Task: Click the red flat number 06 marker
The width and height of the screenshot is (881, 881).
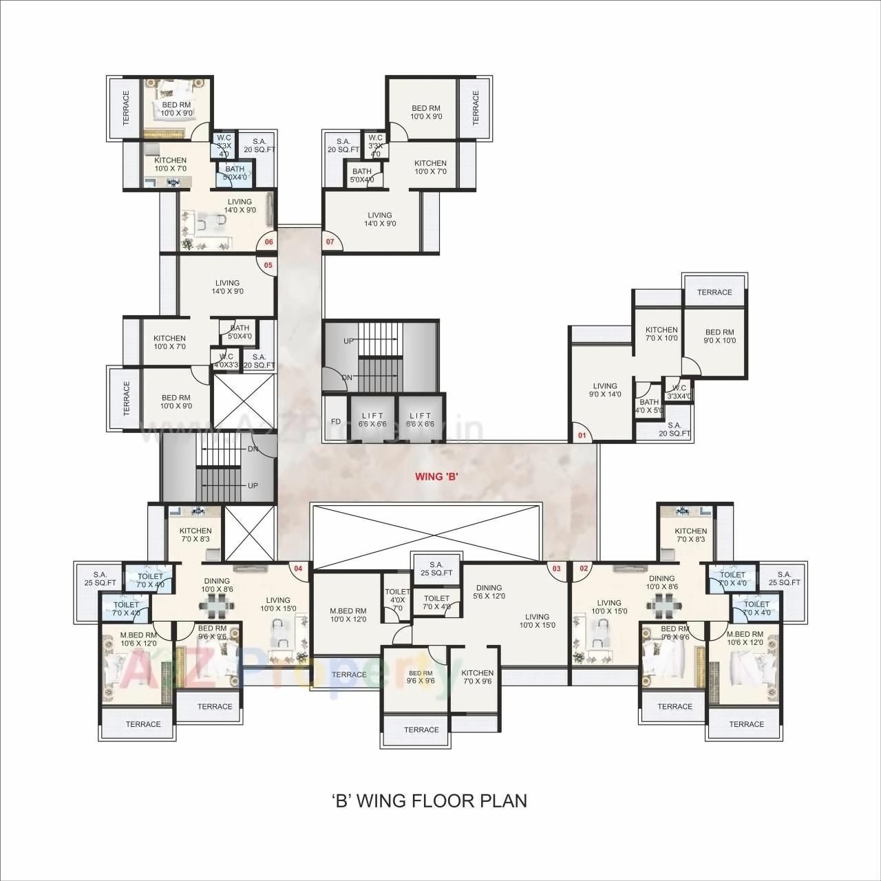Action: [268, 242]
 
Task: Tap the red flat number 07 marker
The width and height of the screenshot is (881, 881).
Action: [330, 242]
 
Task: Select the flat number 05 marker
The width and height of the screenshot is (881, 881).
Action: [268, 265]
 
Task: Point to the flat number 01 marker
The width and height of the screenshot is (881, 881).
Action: [582, 436]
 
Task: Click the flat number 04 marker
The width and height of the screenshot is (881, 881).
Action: [298, 569]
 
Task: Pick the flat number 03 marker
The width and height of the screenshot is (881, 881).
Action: [556, 569]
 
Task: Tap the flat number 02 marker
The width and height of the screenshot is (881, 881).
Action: [584, 569]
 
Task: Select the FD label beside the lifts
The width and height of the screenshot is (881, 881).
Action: [336, 421]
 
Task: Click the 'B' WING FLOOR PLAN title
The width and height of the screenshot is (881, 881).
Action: [430, 800]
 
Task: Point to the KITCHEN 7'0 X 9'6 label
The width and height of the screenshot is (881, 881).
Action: [478, 677]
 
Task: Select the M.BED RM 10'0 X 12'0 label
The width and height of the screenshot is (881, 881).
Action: [348, 615]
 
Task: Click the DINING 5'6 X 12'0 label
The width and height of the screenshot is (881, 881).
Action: [489, 592]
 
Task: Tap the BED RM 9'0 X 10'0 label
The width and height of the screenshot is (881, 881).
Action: [719, 337]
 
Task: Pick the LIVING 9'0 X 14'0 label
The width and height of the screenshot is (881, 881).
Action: [605, 390]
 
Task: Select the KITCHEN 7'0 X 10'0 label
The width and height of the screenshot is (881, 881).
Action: [661, 334]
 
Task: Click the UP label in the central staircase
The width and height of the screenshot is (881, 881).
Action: [349, 341]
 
